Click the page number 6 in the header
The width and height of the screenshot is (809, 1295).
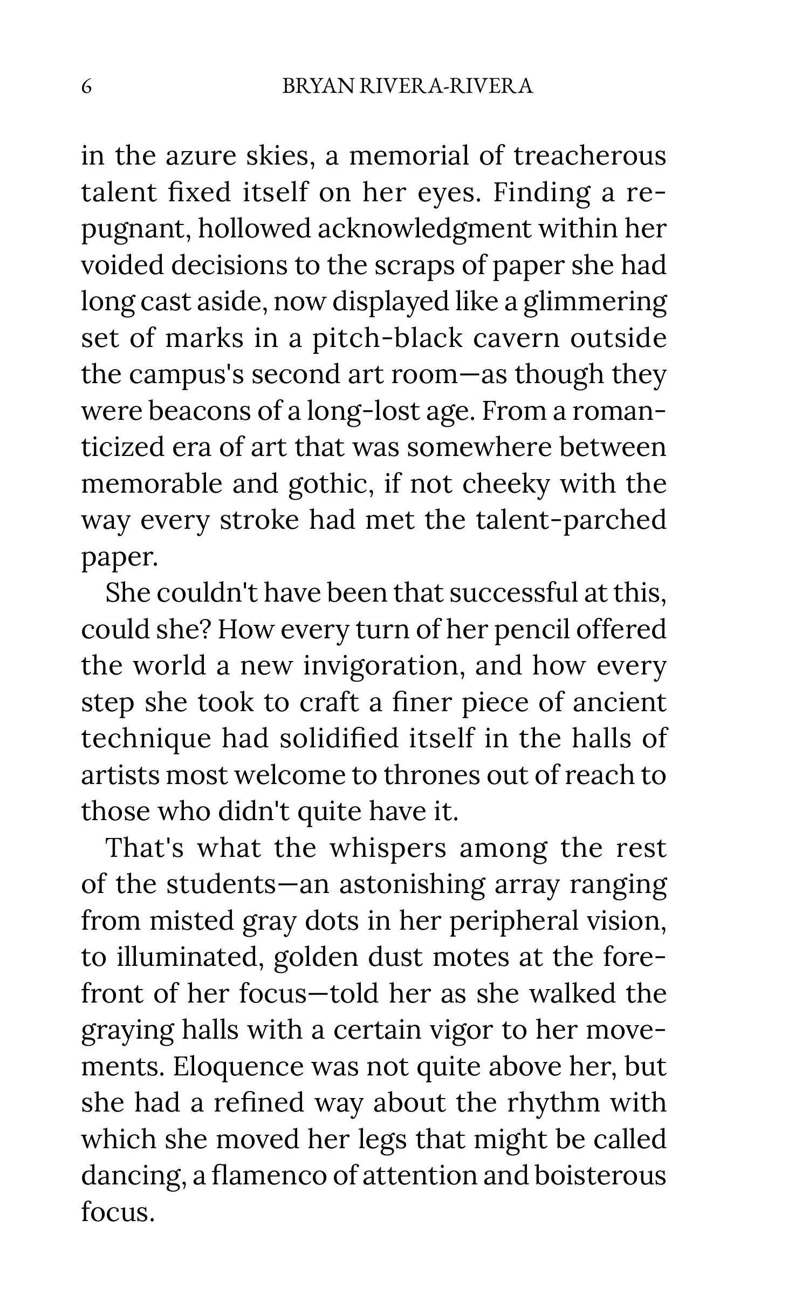click(86, 86)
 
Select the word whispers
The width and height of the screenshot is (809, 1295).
click(388, 848)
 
